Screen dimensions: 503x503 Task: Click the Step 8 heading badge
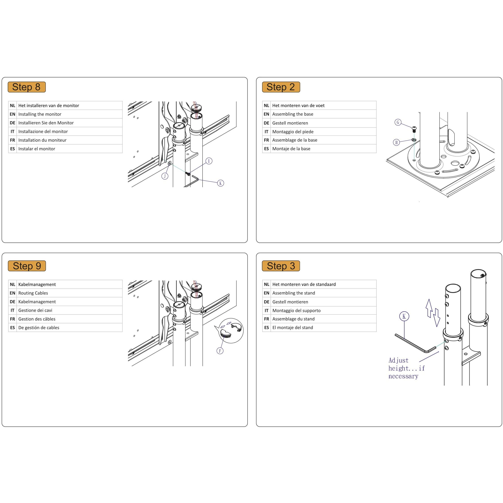[x=27, y=87]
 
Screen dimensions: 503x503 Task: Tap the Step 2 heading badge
[x=281, y=87]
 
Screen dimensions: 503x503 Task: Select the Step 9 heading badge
[x=27, y=266]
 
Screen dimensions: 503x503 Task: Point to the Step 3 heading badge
[x=281, y=266]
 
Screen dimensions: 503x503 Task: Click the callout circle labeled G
[x=398, y=122]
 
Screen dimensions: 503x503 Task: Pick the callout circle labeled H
[x=396, y=142]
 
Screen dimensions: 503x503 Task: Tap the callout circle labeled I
[x=209, y=161]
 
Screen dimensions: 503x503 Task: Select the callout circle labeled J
[x=165, y=176]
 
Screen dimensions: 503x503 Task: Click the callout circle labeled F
[x=220, y=351]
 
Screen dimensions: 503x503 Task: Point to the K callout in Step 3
[x=404, y=316]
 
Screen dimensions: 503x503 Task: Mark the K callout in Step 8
[x=220, y=183]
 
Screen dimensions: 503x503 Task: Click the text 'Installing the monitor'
[x=40, y=114]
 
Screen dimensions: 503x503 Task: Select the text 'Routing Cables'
[x=33, y=293]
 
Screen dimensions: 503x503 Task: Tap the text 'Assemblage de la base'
[x=295, y=140]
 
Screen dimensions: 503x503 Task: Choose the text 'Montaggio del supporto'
[x=296, y=310]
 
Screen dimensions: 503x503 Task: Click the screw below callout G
[x=414, y=129]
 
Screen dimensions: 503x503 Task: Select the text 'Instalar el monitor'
[x=37, y=149]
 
